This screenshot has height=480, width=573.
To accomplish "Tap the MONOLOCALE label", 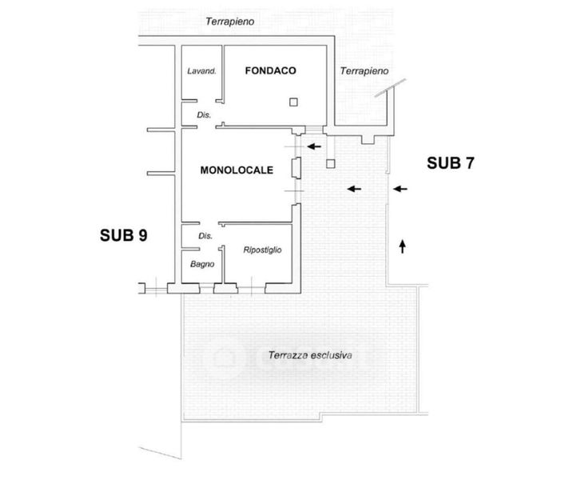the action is tap(237, 170).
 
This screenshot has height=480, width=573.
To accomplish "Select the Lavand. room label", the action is tap(202, 71).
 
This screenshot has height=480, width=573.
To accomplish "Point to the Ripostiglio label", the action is tap(262, 250).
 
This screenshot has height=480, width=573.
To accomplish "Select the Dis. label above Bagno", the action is tap(205, 236).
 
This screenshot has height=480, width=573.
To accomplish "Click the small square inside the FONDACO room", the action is tap(293, 102).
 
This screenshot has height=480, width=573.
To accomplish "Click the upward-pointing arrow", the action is tap(402, 245).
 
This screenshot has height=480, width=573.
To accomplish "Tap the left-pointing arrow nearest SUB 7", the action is tap(400, 189).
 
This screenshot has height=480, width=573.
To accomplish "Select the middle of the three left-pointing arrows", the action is tap(353, 189).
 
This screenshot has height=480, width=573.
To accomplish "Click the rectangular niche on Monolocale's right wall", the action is tap(296, 169).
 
